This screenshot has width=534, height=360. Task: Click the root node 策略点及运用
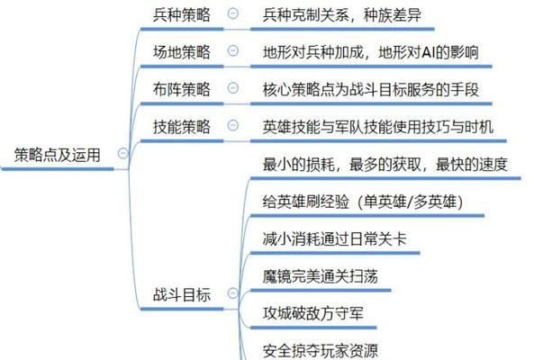click(x=58, y=155)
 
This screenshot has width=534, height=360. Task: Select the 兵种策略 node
click(x=182, y=15)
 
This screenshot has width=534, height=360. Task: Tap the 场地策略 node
click(x=182, y=52)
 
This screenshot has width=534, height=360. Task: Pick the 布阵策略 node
click(x=182, y=89)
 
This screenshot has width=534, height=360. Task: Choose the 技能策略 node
click(x=182, y=127)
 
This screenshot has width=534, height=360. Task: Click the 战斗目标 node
click(x=182, y=294)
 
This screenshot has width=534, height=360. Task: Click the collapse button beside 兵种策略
click(x=233, y=13)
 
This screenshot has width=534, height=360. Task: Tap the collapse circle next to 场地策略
click(x=233, y=50)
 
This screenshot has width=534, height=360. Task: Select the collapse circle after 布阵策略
click(x=233, y=88)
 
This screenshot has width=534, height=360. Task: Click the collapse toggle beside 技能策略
click(x=233, y=125)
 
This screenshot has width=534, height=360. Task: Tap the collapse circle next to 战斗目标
click(x=233, y=293)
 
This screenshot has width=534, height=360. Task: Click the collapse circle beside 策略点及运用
click(x=123, y=153)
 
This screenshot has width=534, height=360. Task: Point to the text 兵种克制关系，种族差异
click(x=342, y=15)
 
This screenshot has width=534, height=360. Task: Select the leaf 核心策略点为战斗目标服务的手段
click(x=371, y=89)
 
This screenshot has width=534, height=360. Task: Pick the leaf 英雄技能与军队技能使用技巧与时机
click(x=378, y=127)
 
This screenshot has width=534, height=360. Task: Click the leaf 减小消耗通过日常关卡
click(x=335, y=238)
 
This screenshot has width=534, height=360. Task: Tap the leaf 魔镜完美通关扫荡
click(x=320, y=276)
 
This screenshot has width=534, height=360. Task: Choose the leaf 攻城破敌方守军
click(x=313, y=313)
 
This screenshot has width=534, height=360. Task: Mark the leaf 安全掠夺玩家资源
click(x=320, y=351)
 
